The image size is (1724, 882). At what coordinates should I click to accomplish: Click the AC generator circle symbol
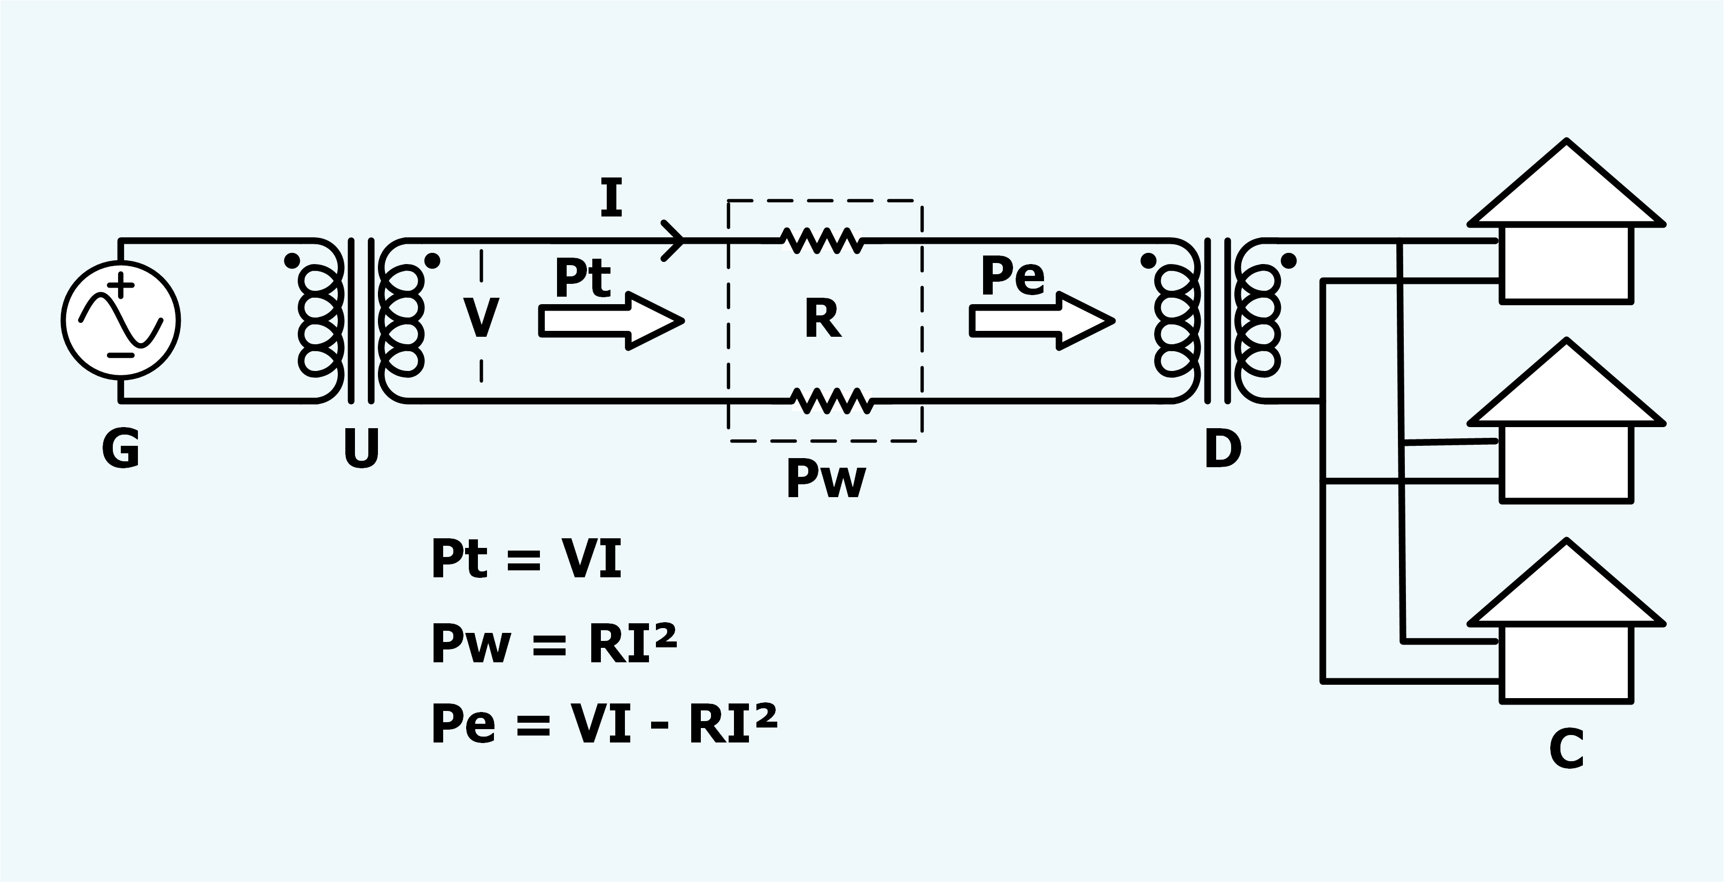pyautogui.click(x=120, y=320)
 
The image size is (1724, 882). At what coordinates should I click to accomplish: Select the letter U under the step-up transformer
pyautogui.click(x=361, y=448)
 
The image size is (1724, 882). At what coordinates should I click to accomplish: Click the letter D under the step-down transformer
pyautogui.click(x=1223, y=448)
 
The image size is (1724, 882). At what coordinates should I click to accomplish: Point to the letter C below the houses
pyautogui.click(x=1567, y=749)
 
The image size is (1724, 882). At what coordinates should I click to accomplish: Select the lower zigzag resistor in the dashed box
pyautogui.click(x=832, y=401)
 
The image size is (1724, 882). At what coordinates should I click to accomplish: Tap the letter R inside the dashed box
pyautogui.click(x=823, y=319)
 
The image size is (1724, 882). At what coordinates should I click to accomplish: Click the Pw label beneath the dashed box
pyautogui.click(x=826, y=479)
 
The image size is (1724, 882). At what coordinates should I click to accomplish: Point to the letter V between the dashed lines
pyautogui.click(x=481, y=319)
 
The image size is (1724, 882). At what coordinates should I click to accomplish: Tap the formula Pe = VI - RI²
pyautogui.click(x=605, y=723)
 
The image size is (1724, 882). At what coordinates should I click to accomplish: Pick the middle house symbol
pyautogui.click(x=1566, y=420)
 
